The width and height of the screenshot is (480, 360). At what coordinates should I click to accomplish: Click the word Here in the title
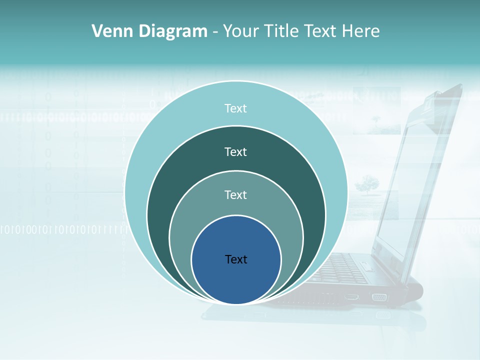[360, 31]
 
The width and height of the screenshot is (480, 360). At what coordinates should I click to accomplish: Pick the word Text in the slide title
[321, 31]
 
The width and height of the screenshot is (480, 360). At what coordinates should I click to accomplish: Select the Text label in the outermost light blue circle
[235, 108]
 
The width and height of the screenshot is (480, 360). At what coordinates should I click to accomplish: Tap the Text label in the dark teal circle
[235, 151]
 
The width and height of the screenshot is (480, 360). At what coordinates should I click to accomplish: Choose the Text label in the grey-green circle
[235, 194]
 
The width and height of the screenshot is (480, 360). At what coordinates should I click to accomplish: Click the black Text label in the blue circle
[236, 259]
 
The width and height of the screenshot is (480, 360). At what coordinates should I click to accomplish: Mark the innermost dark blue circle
[236, 280]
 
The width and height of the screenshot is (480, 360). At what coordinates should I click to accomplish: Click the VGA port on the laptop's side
[379, 297]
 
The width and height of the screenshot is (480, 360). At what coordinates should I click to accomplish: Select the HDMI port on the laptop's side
[352, 297]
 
